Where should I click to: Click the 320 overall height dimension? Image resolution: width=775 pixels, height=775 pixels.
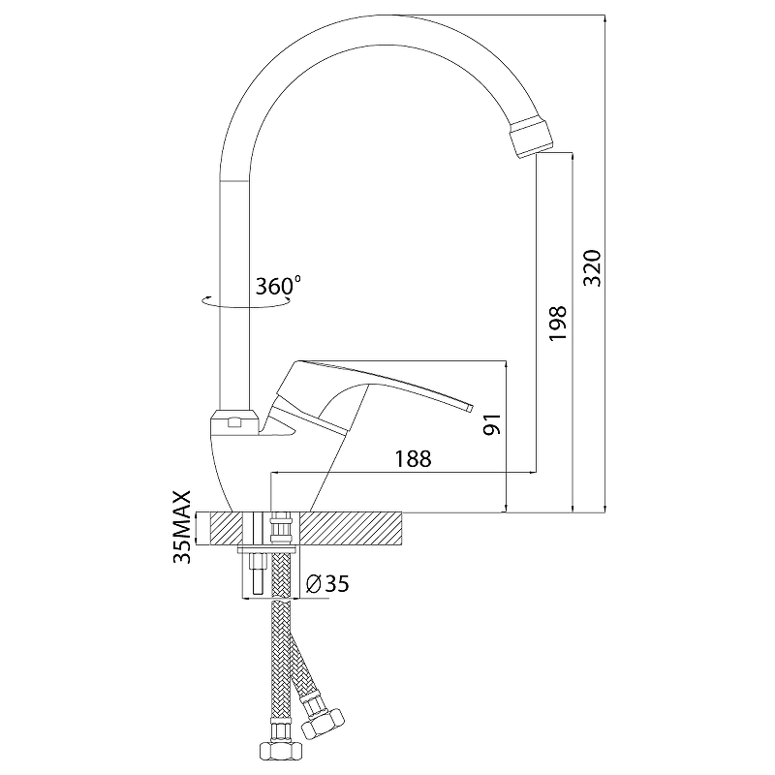tap(593, 268)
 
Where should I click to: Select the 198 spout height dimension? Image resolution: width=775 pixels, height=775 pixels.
tap(559, 324)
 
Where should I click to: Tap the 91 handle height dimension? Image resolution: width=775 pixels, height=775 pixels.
tap(492, 424)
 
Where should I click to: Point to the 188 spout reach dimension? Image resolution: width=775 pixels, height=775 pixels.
tap(414, 459)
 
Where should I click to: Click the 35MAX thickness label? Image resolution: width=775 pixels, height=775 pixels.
tap(182, 527)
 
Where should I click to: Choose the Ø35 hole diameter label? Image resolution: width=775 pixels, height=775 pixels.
tap(327, 584)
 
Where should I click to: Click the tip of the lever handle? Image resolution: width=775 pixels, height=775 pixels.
tap(469, 408)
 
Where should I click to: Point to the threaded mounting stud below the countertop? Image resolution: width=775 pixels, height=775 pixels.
tap(258, 574)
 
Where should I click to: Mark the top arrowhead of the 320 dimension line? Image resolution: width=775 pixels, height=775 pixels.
tap(604, 18)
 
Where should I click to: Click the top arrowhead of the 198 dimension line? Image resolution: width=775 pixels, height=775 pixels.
tap(573, 157)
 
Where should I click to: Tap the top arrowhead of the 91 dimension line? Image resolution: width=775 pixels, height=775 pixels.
tap(506, 365)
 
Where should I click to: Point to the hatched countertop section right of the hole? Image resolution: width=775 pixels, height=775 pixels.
tap(351, 527)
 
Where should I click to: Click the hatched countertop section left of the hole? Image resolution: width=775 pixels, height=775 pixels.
tap(227, 527)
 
